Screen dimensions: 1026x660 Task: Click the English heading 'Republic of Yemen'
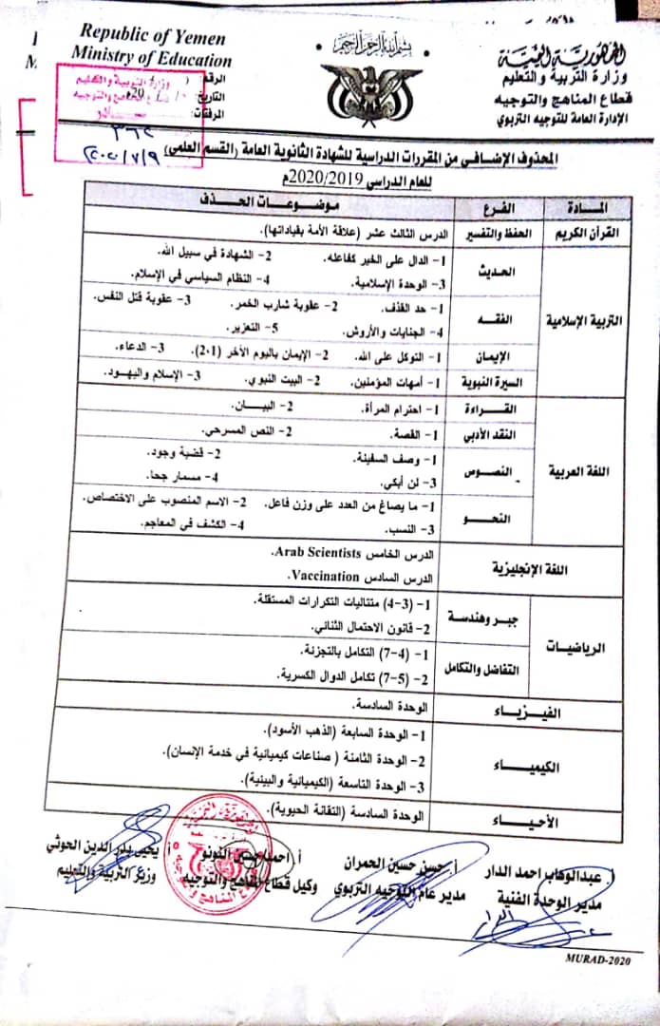[152, 37]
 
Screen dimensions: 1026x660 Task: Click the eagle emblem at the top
[357, 89]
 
